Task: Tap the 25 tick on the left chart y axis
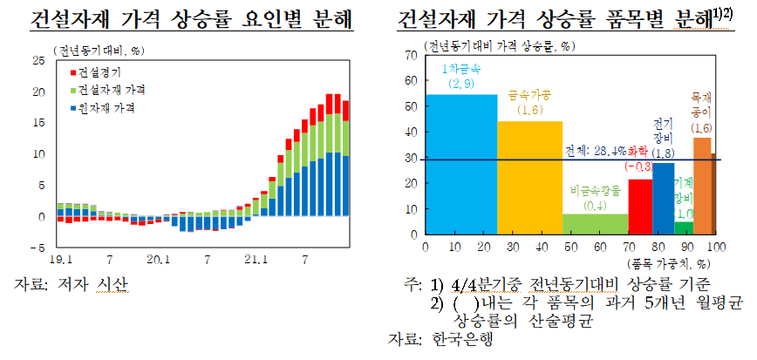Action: [x=38, y=60]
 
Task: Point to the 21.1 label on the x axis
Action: [x=255, y=260]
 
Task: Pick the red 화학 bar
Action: [x=640, y=207]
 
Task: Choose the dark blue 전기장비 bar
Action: [x=663, y=199]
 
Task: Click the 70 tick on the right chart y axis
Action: [x=411, y=55]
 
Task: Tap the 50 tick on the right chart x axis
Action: [x=569, y=247]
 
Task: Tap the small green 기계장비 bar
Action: [x=684, y=228]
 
